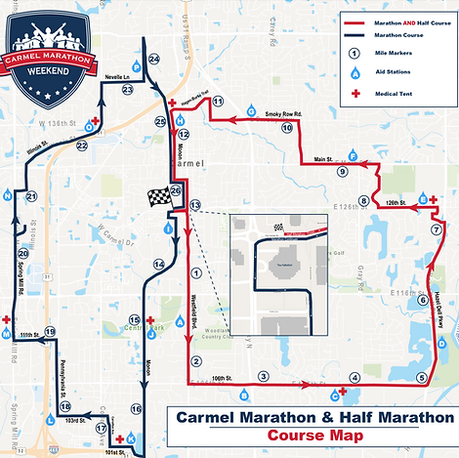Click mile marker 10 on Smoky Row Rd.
pyautogui.click(x=287, y=128)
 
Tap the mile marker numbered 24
pyautogui.click(x=153, y=61)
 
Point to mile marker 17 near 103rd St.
pyautogui.click(x=101, y=428)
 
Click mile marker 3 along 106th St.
pyautogui.click(x=263, y=376)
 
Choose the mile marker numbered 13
pyautogui.click(x=195, y=204)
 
